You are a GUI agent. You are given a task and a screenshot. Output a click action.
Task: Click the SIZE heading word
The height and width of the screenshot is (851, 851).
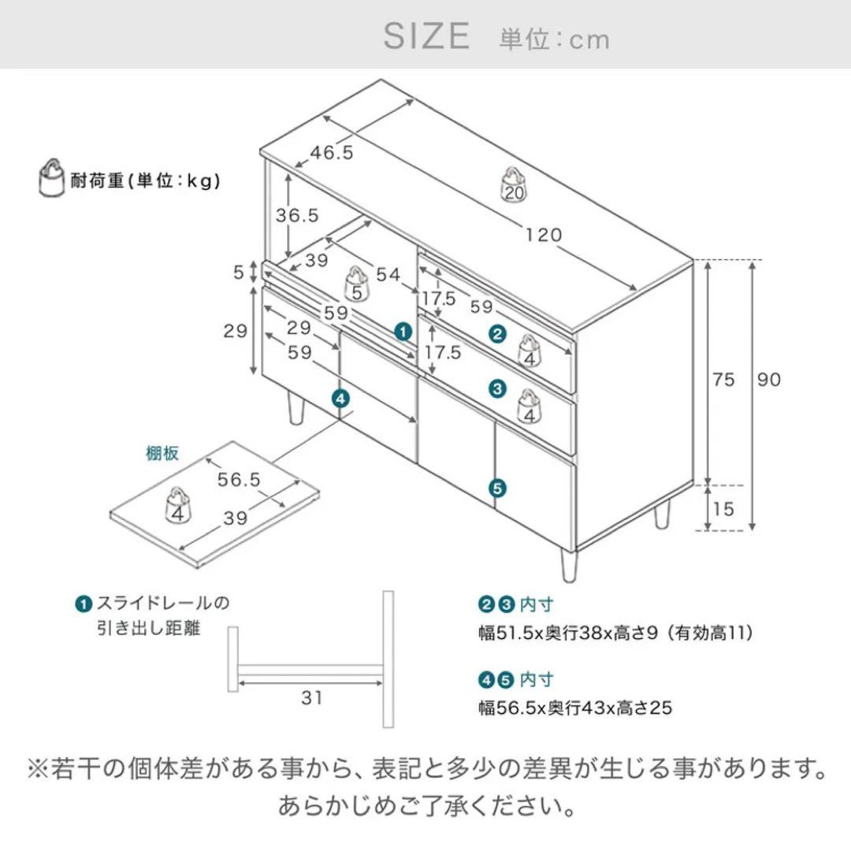coord(426,36)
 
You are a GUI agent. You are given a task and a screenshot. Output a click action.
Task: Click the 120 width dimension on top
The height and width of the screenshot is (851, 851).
coord(544,234)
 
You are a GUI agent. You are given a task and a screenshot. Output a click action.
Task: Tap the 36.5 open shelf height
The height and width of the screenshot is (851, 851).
coord(296,214)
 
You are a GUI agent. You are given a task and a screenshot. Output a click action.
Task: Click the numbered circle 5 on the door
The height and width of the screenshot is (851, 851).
coord(496,488)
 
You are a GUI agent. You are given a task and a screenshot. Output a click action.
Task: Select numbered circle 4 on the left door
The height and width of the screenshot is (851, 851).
coord(340,399)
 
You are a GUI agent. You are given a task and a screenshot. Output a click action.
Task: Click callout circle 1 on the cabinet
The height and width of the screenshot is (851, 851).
coord(403,332)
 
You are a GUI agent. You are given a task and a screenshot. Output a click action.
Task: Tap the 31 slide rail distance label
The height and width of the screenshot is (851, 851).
coord(312,697)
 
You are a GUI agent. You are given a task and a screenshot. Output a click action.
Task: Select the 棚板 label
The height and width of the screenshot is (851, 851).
coord(162,453)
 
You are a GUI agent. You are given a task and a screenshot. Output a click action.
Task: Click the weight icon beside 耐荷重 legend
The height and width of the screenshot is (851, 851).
coord(52,179)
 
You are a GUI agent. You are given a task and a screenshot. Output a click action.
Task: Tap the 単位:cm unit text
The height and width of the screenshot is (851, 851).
coord(554,39)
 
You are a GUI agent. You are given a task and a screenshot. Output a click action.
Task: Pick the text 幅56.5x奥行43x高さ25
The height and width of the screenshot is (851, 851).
coord(575,708)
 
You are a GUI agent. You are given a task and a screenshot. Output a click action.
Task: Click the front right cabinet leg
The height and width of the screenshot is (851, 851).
coord(567,565)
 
